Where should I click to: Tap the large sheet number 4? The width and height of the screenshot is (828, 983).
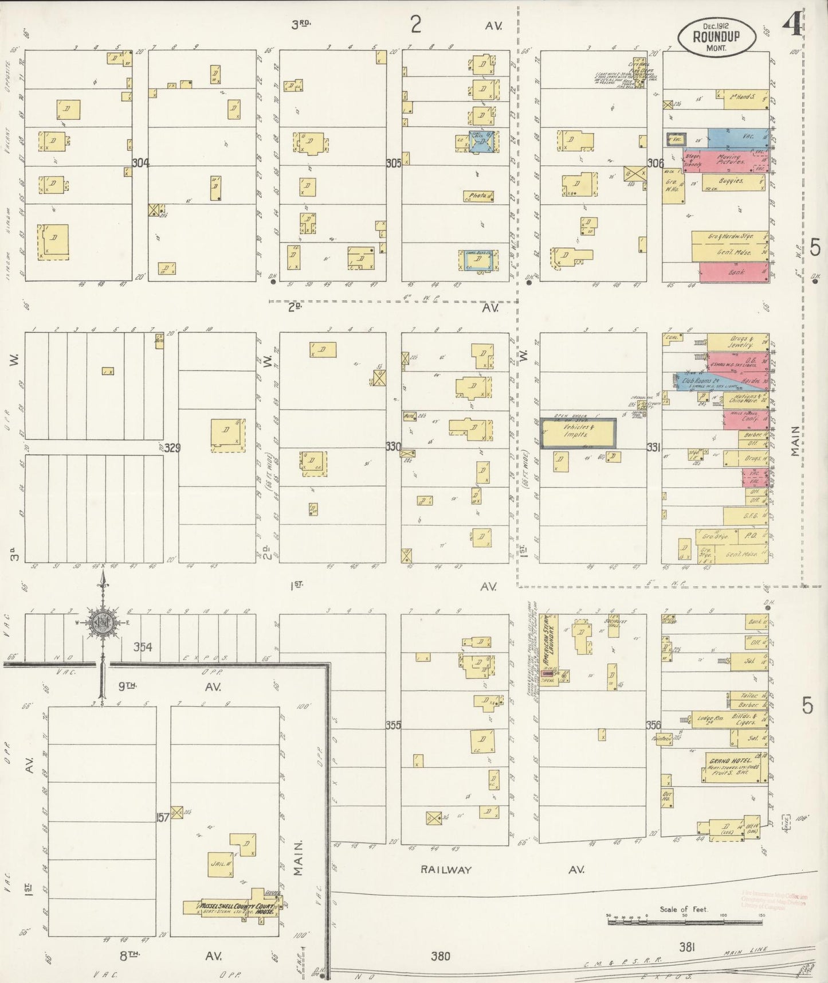pos(794,24)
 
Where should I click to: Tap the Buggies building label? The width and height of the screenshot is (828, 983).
pos(731,181)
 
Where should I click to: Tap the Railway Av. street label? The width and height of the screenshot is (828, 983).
pos(446,869)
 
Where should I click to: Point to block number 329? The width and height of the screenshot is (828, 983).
pos(172,447)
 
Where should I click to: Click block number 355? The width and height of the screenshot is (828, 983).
pos(393,725)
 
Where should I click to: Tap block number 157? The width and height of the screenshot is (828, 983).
pos(163,817)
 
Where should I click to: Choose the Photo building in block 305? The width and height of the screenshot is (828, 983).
pos(478,196)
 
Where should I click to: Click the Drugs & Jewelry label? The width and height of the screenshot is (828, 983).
pos(737,342)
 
